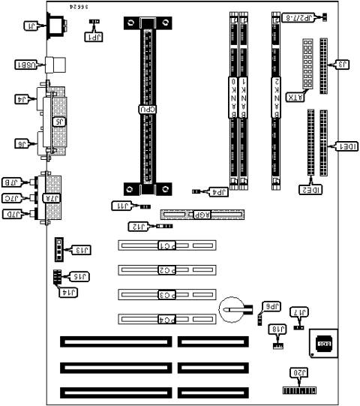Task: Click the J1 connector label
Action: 31,27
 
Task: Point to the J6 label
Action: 27,143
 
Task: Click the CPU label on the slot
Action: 148,110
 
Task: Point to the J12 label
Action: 138,226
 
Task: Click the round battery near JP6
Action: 232,307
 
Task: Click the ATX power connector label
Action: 297,97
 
